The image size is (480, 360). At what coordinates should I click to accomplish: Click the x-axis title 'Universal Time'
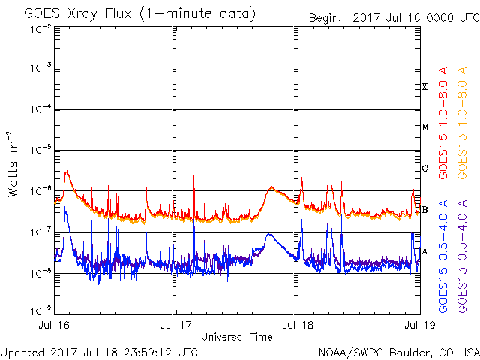[x=237, y=337]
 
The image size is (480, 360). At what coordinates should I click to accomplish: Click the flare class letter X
[x=425, y=87]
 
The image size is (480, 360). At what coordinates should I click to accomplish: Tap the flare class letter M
[x=425, y=127]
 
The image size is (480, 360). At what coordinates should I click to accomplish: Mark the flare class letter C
[x=425, y=168]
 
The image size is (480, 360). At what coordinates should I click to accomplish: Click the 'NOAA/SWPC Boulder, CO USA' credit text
[x=398, y=351]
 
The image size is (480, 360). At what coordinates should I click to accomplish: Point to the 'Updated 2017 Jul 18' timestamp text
[x=99, y=351]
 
